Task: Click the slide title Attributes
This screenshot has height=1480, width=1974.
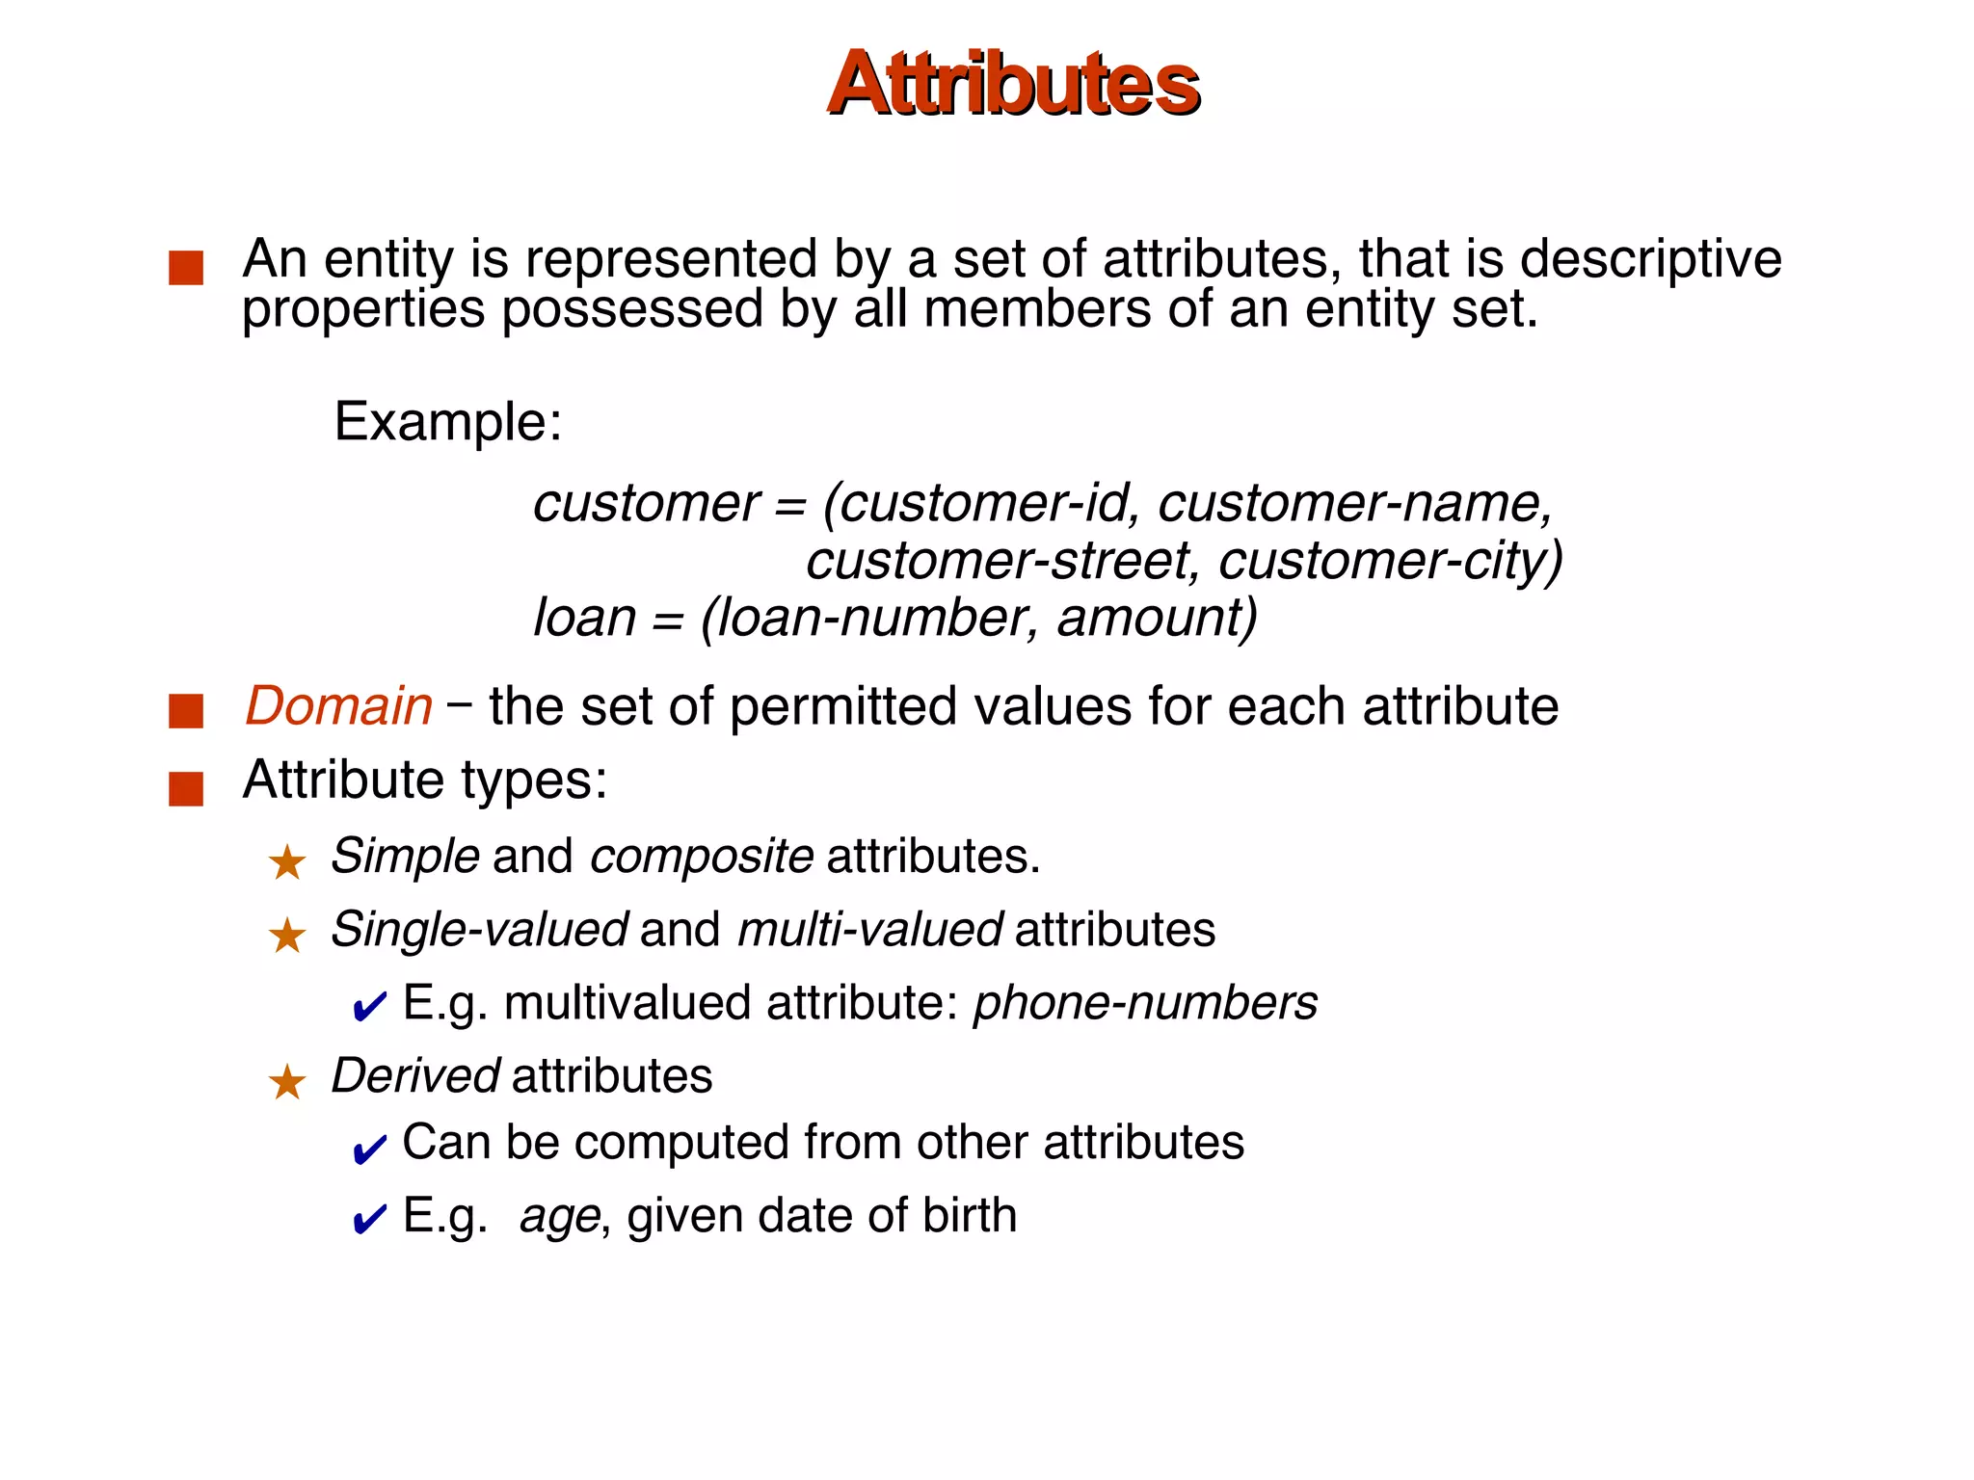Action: pos(1013,84)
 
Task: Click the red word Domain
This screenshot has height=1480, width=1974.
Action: pos(338,706)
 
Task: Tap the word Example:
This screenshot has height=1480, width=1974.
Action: pos(447,422)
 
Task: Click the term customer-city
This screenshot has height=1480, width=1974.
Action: pos(1388,561)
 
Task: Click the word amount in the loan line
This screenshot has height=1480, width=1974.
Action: pos(1151,618)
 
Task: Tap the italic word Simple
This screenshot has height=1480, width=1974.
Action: pos(405,856)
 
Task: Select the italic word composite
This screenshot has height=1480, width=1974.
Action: pos(701,856)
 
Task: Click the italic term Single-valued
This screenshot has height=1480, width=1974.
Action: pos(479,930)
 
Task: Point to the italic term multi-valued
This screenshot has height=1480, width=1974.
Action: pos(869,930)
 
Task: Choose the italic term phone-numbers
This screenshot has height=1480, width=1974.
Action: pos(1145,1003)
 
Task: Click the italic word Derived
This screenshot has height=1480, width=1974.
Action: pos(414,1075)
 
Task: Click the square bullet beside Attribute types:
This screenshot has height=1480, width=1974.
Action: pos(186,788)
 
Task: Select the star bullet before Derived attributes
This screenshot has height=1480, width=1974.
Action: pos(287,1082)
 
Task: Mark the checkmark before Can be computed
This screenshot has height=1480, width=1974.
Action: pos(369,1149)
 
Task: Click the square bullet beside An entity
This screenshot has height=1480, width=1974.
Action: pos(186,268)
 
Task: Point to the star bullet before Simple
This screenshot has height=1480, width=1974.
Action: pos(287,861)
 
